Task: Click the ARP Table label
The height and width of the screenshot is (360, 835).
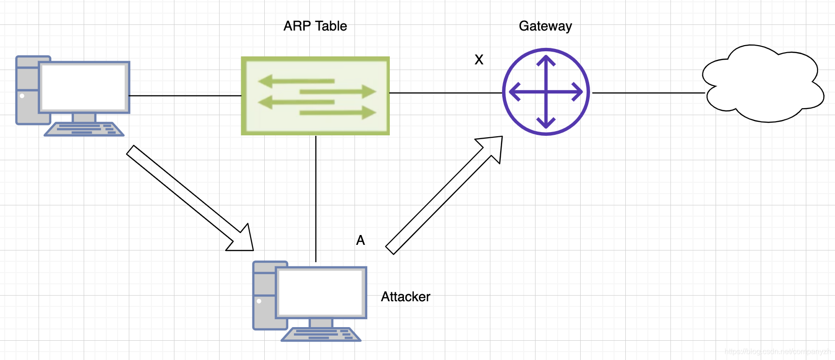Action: click(315, 26)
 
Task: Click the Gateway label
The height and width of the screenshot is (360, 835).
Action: click(545, 26)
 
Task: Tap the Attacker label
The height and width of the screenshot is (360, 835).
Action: click(405, 297)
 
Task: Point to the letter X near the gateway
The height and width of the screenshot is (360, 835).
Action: click(479, 60)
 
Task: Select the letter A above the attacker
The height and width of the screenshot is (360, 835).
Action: click(361, 240)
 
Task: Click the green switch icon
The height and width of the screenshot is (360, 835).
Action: click(315, 96)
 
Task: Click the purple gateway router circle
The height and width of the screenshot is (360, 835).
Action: click(546, 92)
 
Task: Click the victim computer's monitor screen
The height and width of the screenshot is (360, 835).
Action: click(85, 87)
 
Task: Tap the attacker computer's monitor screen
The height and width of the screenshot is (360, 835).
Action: click(322, 292)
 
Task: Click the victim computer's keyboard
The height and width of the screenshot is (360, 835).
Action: click(85, 129)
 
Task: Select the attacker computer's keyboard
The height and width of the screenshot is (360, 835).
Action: click(321, 335)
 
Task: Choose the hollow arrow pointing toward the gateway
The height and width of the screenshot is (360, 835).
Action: click(444, 195)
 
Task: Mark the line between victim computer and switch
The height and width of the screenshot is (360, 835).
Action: click(185, 96)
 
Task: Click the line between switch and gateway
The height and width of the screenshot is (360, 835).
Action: click(446, 93)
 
